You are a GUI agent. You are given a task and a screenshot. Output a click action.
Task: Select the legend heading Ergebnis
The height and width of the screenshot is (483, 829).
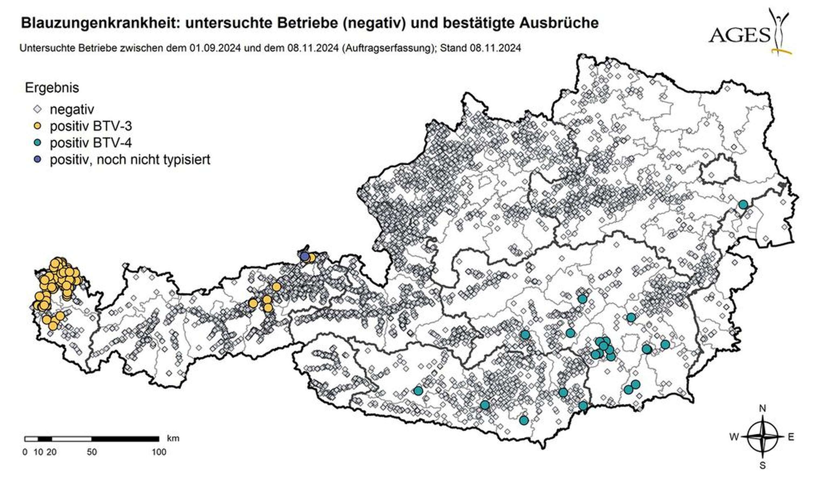point(52,88)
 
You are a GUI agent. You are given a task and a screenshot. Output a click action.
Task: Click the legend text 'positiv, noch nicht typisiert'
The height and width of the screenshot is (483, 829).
point(130,160)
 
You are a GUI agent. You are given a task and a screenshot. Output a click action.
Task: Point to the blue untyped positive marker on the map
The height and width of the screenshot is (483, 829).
point(305,256)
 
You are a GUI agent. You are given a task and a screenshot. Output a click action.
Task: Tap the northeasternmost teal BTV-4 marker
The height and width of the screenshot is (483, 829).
point(743,204)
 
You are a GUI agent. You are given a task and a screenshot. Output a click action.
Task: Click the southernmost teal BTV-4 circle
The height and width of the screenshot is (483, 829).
point(524,420)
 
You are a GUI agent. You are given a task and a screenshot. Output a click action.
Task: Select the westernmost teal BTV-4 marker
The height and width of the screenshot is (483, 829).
point(418,390)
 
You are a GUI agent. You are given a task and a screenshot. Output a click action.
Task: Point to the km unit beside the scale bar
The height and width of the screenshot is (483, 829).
point(173,438)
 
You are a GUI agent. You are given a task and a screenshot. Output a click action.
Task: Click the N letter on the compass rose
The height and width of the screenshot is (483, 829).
point(762,409)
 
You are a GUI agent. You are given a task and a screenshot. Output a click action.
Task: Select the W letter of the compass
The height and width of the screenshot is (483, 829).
point(734,437)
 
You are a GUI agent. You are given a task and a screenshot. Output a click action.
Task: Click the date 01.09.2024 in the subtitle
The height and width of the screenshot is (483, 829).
point(215,48)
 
